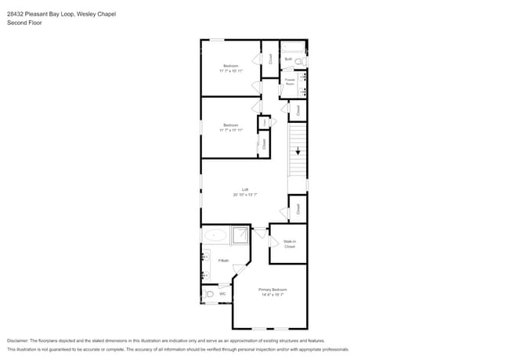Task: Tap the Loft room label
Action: click(x=245, y=189)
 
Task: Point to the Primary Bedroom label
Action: click(x=271, y=290)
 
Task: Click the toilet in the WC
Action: click(x=209, y=294)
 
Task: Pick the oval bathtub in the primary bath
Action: click(x=216, y=234)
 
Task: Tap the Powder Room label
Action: click(x=290, y=81)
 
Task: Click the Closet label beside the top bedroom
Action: click(x=270, y=58)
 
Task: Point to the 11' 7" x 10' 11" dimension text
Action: click(x=231, y=70)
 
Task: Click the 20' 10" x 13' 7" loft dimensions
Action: click(x=245, y=194)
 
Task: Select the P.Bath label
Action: click(x=223, y=260)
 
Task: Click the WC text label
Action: click(x=222, y=294)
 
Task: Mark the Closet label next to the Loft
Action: click(x=298, y=208)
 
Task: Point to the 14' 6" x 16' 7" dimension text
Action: click(x=271, y=294)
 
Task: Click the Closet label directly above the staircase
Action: click(x=298, y=110)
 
